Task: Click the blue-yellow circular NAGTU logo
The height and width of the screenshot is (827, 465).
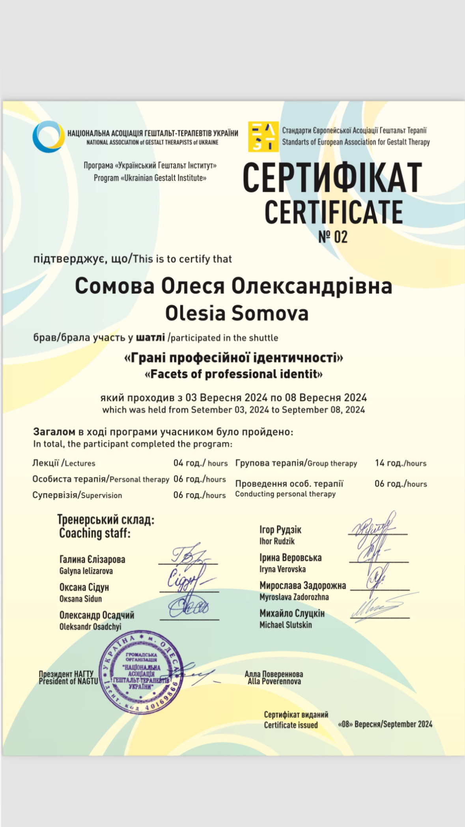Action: tap(49, 137)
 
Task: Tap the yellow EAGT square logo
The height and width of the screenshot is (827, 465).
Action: tap(263, 137)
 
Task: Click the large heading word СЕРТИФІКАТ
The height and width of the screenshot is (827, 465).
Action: tap(332, 178)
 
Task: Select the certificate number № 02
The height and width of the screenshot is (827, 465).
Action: tap(333, 237)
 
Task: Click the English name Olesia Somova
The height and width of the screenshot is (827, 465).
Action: tap(236, 313)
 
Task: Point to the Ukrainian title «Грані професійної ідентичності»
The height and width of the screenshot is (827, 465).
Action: tap(233, 358)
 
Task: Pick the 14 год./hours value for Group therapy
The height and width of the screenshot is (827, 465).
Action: tap(400, 463)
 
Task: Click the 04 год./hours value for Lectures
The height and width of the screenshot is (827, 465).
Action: tap(200, 463)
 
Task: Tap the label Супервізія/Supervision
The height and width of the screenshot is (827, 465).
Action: tap(77, 495)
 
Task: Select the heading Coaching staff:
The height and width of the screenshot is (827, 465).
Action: tap(95, 533)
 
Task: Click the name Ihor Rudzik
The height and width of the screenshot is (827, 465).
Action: tap(277, 541)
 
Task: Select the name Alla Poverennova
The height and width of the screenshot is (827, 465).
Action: tap(274, 681)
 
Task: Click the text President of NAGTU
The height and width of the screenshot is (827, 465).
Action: tap(68, 681)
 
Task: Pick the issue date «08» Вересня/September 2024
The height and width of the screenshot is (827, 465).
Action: tap(385, 724)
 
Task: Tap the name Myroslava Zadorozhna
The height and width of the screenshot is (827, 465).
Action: tap(294, 597)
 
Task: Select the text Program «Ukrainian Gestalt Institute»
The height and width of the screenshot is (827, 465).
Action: tap(150, 178)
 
